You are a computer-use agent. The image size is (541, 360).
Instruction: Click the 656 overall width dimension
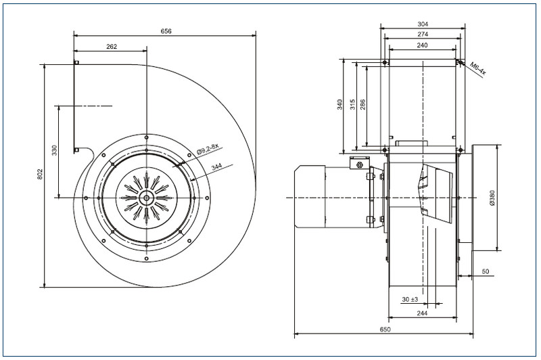point(166,31)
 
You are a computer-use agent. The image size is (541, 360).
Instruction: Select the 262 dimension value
point(112,47)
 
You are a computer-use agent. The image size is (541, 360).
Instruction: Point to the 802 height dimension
point(40,174)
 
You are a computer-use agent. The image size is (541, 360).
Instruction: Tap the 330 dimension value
point(54,150)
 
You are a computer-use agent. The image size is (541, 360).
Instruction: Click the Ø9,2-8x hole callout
point(208,149)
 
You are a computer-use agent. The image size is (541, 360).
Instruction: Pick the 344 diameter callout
point(216,167)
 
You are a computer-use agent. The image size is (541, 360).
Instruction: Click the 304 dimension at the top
point(423,24)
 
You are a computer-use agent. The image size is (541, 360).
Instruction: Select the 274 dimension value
point(423,34)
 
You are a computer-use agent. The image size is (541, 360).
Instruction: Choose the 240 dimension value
point(422,45)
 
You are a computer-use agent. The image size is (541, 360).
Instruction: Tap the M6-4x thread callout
point(478,68)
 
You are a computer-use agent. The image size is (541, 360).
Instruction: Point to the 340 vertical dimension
point(340,105)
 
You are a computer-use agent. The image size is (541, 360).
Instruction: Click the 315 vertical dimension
point(352,105)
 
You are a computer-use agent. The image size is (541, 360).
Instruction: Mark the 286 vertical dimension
point(362,105)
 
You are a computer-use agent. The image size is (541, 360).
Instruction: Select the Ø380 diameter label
point(492,198)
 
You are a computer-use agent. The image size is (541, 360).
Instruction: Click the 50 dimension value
point(486,271)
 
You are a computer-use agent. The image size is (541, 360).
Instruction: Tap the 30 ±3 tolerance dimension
point(410,299)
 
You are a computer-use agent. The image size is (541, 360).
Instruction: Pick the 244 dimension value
point(422,313)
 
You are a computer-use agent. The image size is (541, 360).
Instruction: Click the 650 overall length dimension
point(385,330)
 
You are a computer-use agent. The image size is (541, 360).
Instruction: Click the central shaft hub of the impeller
point(147,198)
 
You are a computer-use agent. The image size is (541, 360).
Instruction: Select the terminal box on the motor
point(360,163)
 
